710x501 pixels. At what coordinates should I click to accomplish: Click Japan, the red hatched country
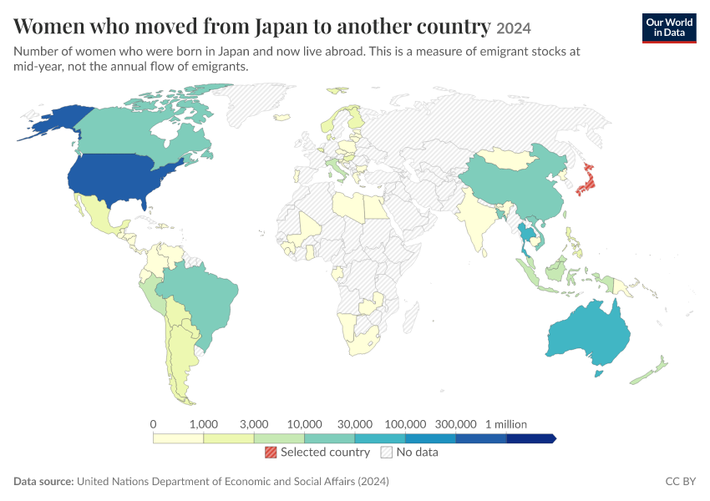(588, 182)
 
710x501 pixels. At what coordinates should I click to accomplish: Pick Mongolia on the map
(507, 158)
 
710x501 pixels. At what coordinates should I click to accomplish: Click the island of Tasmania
(599, 374)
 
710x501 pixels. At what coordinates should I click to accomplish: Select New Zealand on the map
(650, 371)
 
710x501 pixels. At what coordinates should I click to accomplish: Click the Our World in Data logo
(669, 28)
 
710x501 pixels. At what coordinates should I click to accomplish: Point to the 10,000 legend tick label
(304, 424)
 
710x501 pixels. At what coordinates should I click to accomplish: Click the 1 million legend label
(506, 424)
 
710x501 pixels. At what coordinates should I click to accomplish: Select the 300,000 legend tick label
(455, 424)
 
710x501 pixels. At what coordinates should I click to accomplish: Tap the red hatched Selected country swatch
(271, 452)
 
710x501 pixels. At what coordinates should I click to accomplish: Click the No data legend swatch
(387, 452)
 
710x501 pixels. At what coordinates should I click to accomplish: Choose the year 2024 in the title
(514, 29)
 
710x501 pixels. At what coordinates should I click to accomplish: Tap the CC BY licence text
(681, 481)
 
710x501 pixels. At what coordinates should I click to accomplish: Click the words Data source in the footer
(43, 481)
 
